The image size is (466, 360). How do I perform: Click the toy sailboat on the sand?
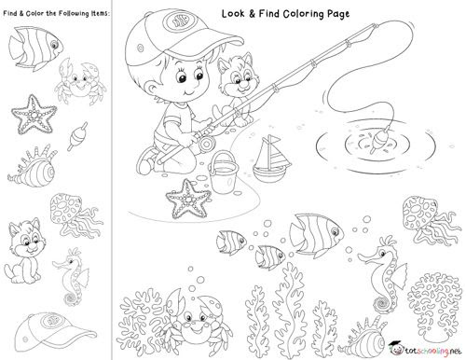point(271,161)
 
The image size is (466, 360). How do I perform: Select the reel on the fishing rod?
point(207,144)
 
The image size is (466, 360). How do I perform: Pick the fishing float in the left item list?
point(76,135)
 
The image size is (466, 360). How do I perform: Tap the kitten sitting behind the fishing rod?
point(236,90)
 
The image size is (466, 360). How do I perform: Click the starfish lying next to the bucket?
point(187,199)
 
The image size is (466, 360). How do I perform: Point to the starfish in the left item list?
point(33,115)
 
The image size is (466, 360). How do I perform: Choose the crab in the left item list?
point(80,81)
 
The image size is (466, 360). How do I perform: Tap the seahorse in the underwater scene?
point(384,273)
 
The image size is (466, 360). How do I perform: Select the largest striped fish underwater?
point(316,234)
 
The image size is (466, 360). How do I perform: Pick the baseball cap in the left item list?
point(55,332)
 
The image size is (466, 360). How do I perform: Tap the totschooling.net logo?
point(425,349)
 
